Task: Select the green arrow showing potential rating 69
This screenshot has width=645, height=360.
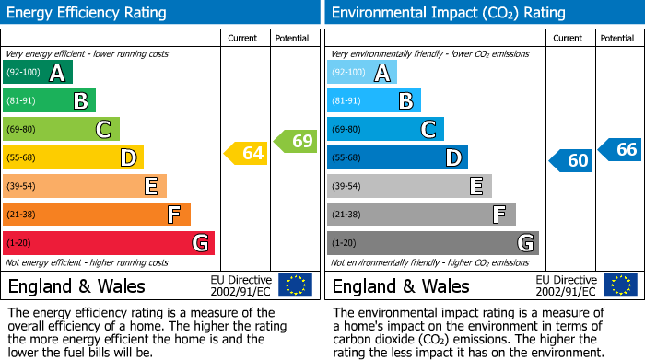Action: click(x=296, y=141)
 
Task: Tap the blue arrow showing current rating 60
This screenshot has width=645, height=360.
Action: click(x=570, y=160)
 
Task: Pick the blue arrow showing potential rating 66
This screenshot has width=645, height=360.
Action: click(x=620, y=149)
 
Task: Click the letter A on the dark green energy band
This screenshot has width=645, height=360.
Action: click(x=57, y=73)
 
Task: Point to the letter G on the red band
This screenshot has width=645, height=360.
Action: click(x=199, y=243)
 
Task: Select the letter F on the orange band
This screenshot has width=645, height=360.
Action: click(x=174, y=215)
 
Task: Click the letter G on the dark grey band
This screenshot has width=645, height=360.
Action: click(x=525, y=243)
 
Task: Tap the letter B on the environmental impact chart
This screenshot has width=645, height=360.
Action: click(x=405, y=101)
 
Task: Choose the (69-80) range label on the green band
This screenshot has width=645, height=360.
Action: click(x=21, y=130)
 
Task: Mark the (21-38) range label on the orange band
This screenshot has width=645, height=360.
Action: click(x=21, y=215)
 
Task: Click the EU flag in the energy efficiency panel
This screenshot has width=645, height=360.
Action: click(x=295, y=285)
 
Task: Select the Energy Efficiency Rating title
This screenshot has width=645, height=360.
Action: click(x=88, y=13)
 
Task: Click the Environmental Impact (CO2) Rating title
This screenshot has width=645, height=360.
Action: click(x=448, y=13)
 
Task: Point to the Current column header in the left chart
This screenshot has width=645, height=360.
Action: click(x=244, y=38)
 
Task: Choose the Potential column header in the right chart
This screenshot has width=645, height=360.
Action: click(x=617, y=38)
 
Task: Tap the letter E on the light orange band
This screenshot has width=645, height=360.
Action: click(x=150, y=186)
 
